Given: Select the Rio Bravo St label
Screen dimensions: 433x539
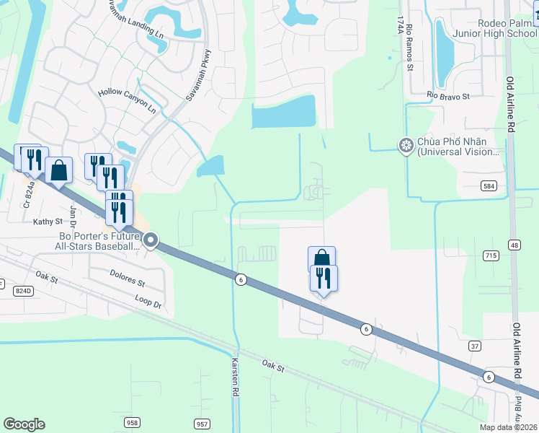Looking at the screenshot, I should [447, 95].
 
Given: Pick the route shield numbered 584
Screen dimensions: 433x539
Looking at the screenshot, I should [490, 186].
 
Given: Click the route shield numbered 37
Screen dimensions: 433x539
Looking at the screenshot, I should [473, 346].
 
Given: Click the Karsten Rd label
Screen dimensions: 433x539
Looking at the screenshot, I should [235, 377].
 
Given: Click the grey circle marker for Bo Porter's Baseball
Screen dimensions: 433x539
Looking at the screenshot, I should [151, 240].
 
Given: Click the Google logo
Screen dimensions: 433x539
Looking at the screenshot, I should [24, 424].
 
